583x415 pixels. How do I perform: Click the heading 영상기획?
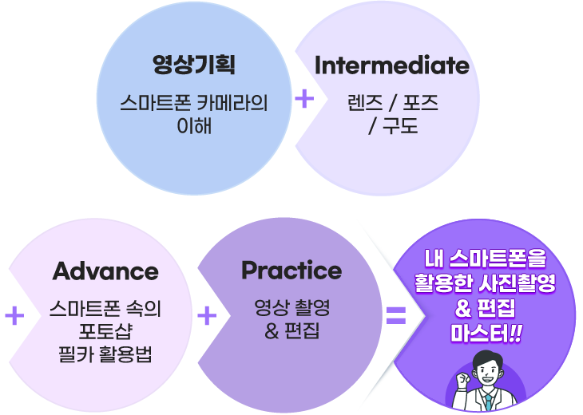(193, 65)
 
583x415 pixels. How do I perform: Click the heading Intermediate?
(391, 65)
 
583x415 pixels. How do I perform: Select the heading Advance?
(105, 271)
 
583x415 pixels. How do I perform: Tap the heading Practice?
(291, 271)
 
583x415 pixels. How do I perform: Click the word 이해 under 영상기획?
(193, 125)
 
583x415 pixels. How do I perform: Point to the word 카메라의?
(229, 104)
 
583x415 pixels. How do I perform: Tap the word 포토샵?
(105, 330)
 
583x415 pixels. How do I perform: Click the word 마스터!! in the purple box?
(486, 331)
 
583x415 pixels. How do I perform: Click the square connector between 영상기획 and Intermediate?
(304, 99)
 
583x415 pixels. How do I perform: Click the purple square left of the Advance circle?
(14, 315)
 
